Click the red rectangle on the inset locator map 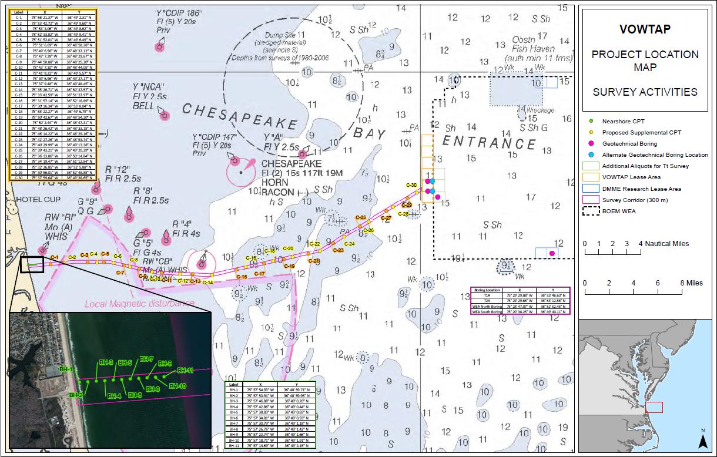click(654, 407)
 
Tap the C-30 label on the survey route click(411, 186)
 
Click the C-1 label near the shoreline click(54, 257)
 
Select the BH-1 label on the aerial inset click(66, 369)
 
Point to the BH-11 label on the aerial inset click(185, 371)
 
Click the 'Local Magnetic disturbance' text click(139, 304)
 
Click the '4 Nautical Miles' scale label click(665, 244)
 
